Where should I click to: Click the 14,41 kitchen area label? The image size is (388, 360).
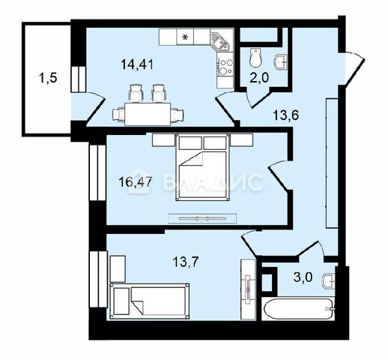click(136, 64)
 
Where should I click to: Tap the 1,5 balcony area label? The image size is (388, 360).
click(48, 78)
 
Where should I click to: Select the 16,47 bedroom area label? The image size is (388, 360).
click(136, 181)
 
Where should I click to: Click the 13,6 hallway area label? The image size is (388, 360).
click(286, 115)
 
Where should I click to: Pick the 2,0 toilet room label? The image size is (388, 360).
click(259, 78)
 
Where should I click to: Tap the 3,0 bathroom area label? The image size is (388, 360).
click(303, 277)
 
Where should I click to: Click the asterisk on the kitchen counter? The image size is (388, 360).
click(185, 37)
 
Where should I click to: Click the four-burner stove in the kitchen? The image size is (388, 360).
click(225, 67)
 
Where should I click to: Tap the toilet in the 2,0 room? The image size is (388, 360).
click(255, 58)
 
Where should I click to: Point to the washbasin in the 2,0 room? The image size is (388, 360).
click(281, 61)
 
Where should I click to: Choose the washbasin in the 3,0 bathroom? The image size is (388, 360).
click(329, 281)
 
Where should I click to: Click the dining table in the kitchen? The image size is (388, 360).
click(148, 114)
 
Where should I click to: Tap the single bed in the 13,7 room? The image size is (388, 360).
click(149, 301)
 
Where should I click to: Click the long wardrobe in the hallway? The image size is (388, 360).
click(332, 163)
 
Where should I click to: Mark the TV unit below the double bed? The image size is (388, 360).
click(203, 218)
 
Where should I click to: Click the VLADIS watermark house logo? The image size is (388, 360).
click(139, 181)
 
